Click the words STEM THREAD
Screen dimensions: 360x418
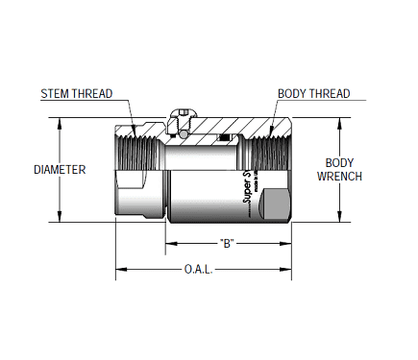click(x=76, y=94)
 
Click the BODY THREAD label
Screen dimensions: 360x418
click(x=313, y=94)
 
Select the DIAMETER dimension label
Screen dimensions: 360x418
click(x=60, y=170)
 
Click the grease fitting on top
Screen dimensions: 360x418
click(x=180, y=115)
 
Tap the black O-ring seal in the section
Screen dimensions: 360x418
click(x=223, y=139)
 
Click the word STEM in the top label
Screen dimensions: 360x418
click(x=56, y=94)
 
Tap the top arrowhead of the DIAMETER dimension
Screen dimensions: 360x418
click(x=61, y=122)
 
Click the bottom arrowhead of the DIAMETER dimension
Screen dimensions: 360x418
click(x=61, y=218)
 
